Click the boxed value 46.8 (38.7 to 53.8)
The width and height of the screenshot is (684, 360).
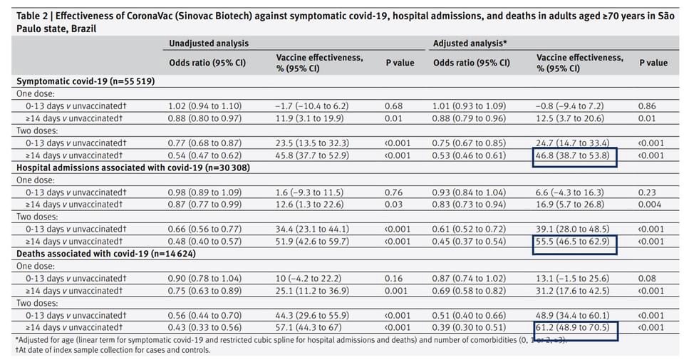[x=572, y=155]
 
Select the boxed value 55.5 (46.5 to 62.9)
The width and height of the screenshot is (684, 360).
[x=572, y=242]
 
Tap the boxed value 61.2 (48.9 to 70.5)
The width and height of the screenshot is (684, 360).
[x=572, y=327]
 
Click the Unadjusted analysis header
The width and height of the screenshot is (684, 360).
[x=209, y=43]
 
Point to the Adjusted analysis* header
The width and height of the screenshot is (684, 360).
[x=470, y=43]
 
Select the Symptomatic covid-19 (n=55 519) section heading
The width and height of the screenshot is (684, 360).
[x=85, y=81]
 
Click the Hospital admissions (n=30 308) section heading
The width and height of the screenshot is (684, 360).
[x=133, y=168]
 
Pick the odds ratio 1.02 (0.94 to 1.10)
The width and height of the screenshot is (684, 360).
[x=204, y=106]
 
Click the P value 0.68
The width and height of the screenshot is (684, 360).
[x=393, y=106]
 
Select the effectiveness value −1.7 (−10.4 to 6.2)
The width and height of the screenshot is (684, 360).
[x=312, y=106]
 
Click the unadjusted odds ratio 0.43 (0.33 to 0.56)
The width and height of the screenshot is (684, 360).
[x=204, y=327]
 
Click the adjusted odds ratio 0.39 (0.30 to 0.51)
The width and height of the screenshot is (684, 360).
[x=469, y=327]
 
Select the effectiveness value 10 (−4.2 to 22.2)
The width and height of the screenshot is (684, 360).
[x=309, y=279]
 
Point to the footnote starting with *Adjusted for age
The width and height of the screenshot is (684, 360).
[x=291, y=340]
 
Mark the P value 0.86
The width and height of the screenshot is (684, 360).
[x=646, y=106]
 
